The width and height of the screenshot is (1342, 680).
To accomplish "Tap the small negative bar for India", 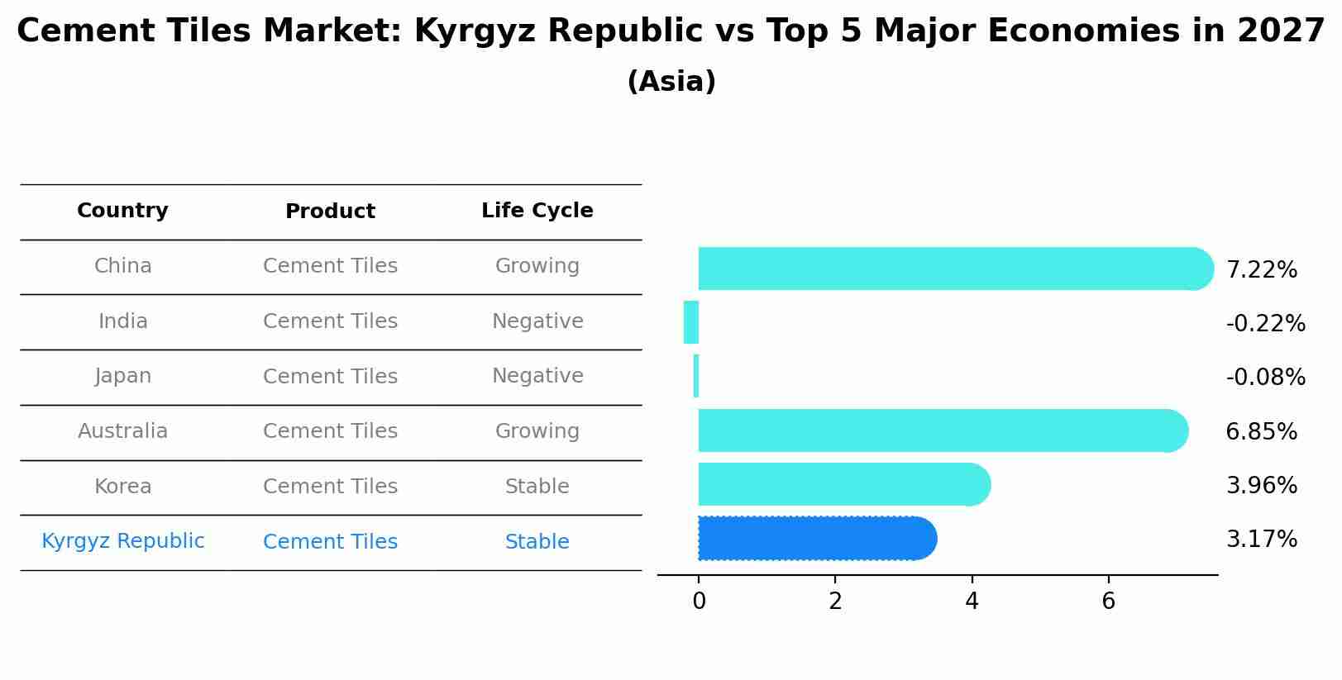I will coord(691,322).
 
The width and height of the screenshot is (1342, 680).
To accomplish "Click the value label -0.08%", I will coord(1265,378).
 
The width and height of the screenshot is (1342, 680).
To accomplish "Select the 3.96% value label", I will coord(1261,486).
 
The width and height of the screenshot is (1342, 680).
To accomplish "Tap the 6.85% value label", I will coord(1261,431).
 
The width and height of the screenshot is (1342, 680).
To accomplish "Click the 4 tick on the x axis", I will coord(972,602).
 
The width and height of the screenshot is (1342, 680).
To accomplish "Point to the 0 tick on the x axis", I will coord(699,602).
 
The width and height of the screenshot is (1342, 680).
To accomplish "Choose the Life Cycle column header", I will coord(537,211).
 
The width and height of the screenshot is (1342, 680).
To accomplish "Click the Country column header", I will coord(122,211).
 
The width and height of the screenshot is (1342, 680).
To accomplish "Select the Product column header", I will coord(330,212).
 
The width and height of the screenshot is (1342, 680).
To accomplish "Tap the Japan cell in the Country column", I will coord(122,376).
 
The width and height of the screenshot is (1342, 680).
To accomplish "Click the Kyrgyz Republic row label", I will coord(122,541).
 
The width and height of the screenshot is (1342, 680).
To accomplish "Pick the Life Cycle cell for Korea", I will coord(537,487).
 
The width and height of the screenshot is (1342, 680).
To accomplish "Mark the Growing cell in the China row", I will coord(537,266).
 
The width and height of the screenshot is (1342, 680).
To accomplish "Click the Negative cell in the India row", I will coord(537,321).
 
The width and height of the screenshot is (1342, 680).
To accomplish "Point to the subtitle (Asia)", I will coord(671,82).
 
